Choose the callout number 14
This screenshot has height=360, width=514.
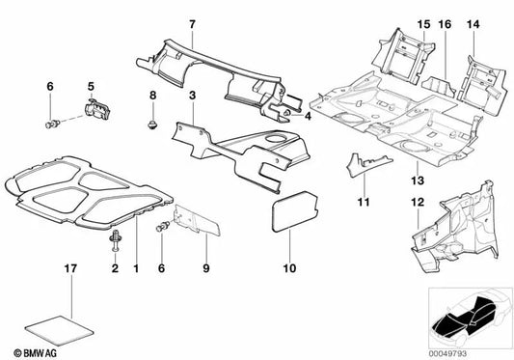(473, 22)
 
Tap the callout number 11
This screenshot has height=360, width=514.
(363, 202)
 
